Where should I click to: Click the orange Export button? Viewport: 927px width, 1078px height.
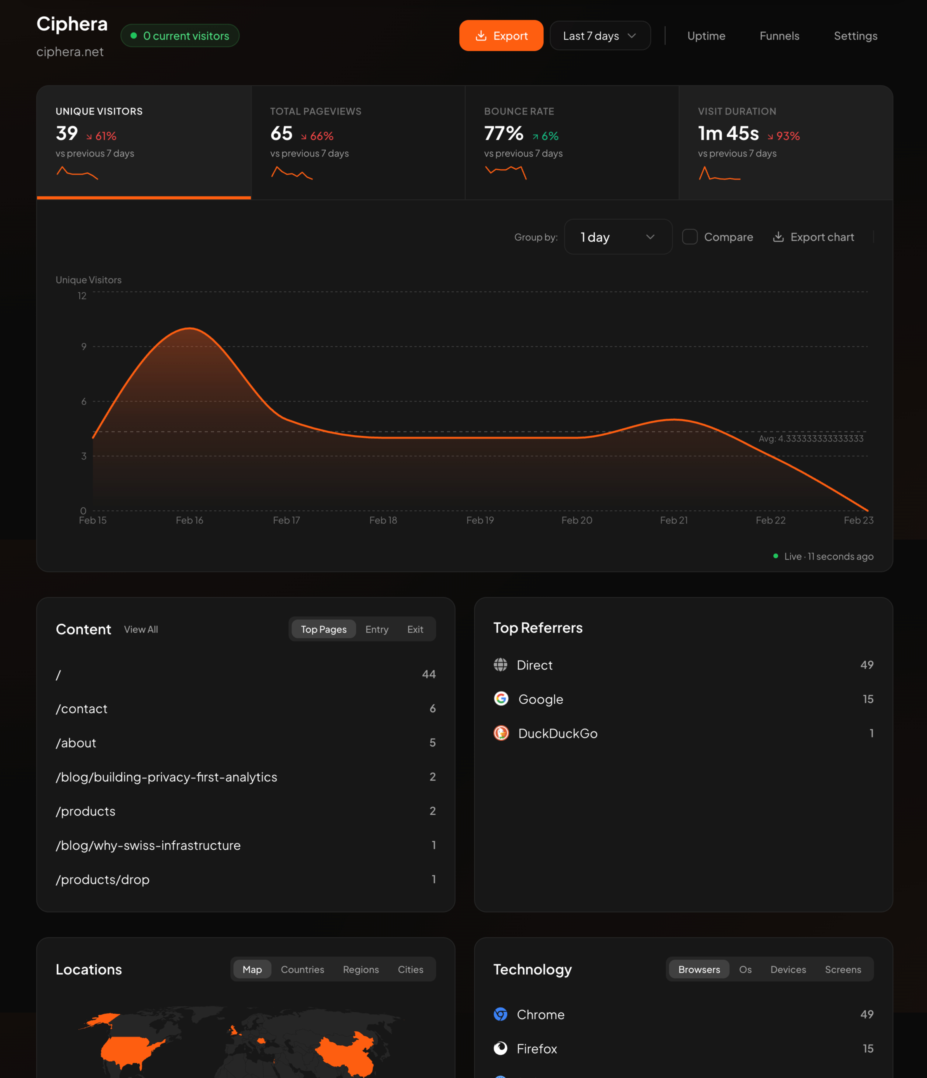click(501, 36)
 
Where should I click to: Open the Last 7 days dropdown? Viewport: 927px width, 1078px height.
click(600, 36)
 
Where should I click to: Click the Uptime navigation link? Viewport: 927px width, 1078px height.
click(706, 36)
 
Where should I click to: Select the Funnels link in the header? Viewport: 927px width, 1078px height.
click(779, 36)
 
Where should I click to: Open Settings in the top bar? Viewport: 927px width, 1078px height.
click(855, 36)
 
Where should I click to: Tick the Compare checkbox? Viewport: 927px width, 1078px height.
click(689, 237)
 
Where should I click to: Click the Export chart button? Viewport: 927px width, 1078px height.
click(813, 237)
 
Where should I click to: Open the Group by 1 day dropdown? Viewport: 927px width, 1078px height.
click(618, 237)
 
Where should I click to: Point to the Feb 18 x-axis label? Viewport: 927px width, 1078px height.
click(383, 520)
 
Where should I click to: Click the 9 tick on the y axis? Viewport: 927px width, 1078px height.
click(84, 346)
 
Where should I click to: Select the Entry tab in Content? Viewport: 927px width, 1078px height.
click(377, 629)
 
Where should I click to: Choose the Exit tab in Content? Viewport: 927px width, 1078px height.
click(415, 629)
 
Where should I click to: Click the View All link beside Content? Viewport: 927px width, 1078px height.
click(141, 629)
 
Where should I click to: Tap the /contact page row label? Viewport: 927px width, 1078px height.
click(82, 709)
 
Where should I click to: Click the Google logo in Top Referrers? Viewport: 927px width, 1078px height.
click(501, 699)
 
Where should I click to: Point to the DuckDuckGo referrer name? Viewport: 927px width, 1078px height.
click(558, 734)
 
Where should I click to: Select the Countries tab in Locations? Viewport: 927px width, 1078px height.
click(302, 970)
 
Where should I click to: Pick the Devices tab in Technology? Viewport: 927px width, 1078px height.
click(788, 970)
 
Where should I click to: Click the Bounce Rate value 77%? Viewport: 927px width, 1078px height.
click(503, 134)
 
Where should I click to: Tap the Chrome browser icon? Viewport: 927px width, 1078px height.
click(500, 1015)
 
